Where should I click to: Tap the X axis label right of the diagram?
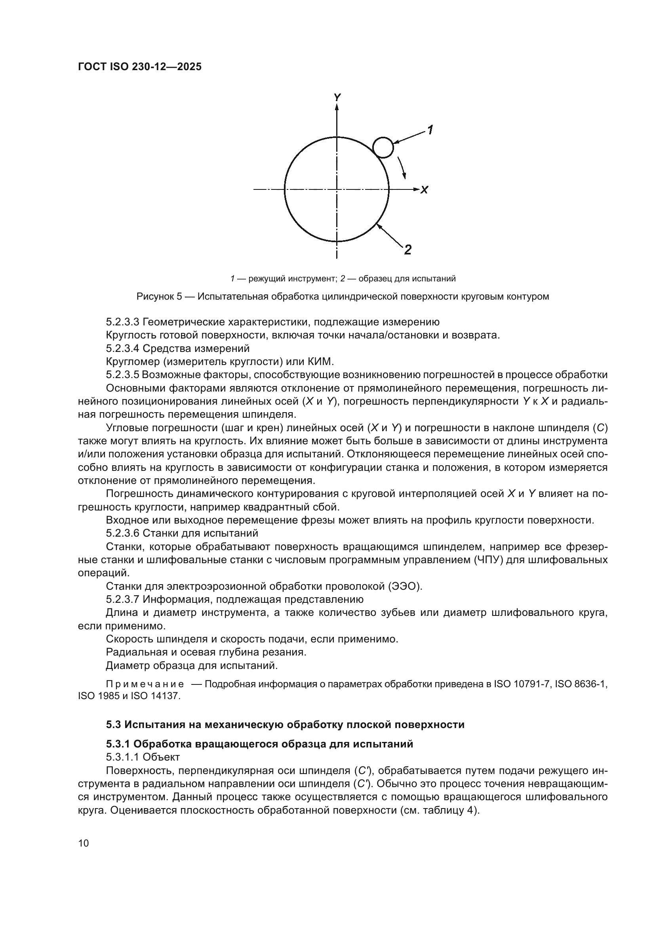424,190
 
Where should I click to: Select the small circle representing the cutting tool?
383,147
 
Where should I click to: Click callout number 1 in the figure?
430,130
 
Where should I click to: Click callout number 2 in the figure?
407,250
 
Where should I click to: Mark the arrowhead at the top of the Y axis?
337,107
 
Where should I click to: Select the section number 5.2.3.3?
122,322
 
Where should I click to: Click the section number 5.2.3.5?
122,375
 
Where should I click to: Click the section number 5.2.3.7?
122,599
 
